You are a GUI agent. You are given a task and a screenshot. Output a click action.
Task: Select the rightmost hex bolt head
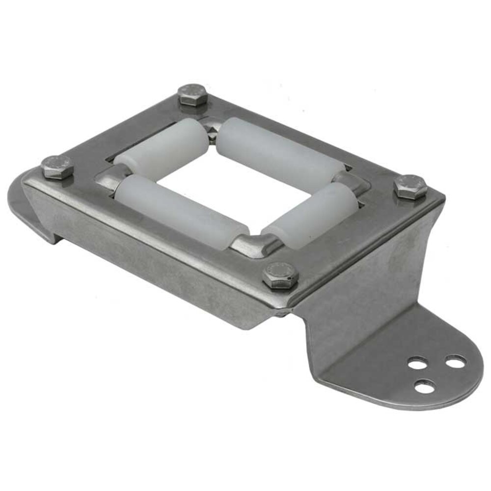pyautogui.click(x=410, y=186)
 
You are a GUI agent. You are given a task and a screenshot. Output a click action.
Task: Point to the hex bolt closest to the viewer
pyautogui.click(x=280, y=274)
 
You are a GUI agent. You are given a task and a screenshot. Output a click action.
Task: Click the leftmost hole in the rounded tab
pyautogui.click(x=416, y=365)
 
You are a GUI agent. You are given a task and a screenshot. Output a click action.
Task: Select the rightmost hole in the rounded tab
pyautogui.click(x=455, y=362)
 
